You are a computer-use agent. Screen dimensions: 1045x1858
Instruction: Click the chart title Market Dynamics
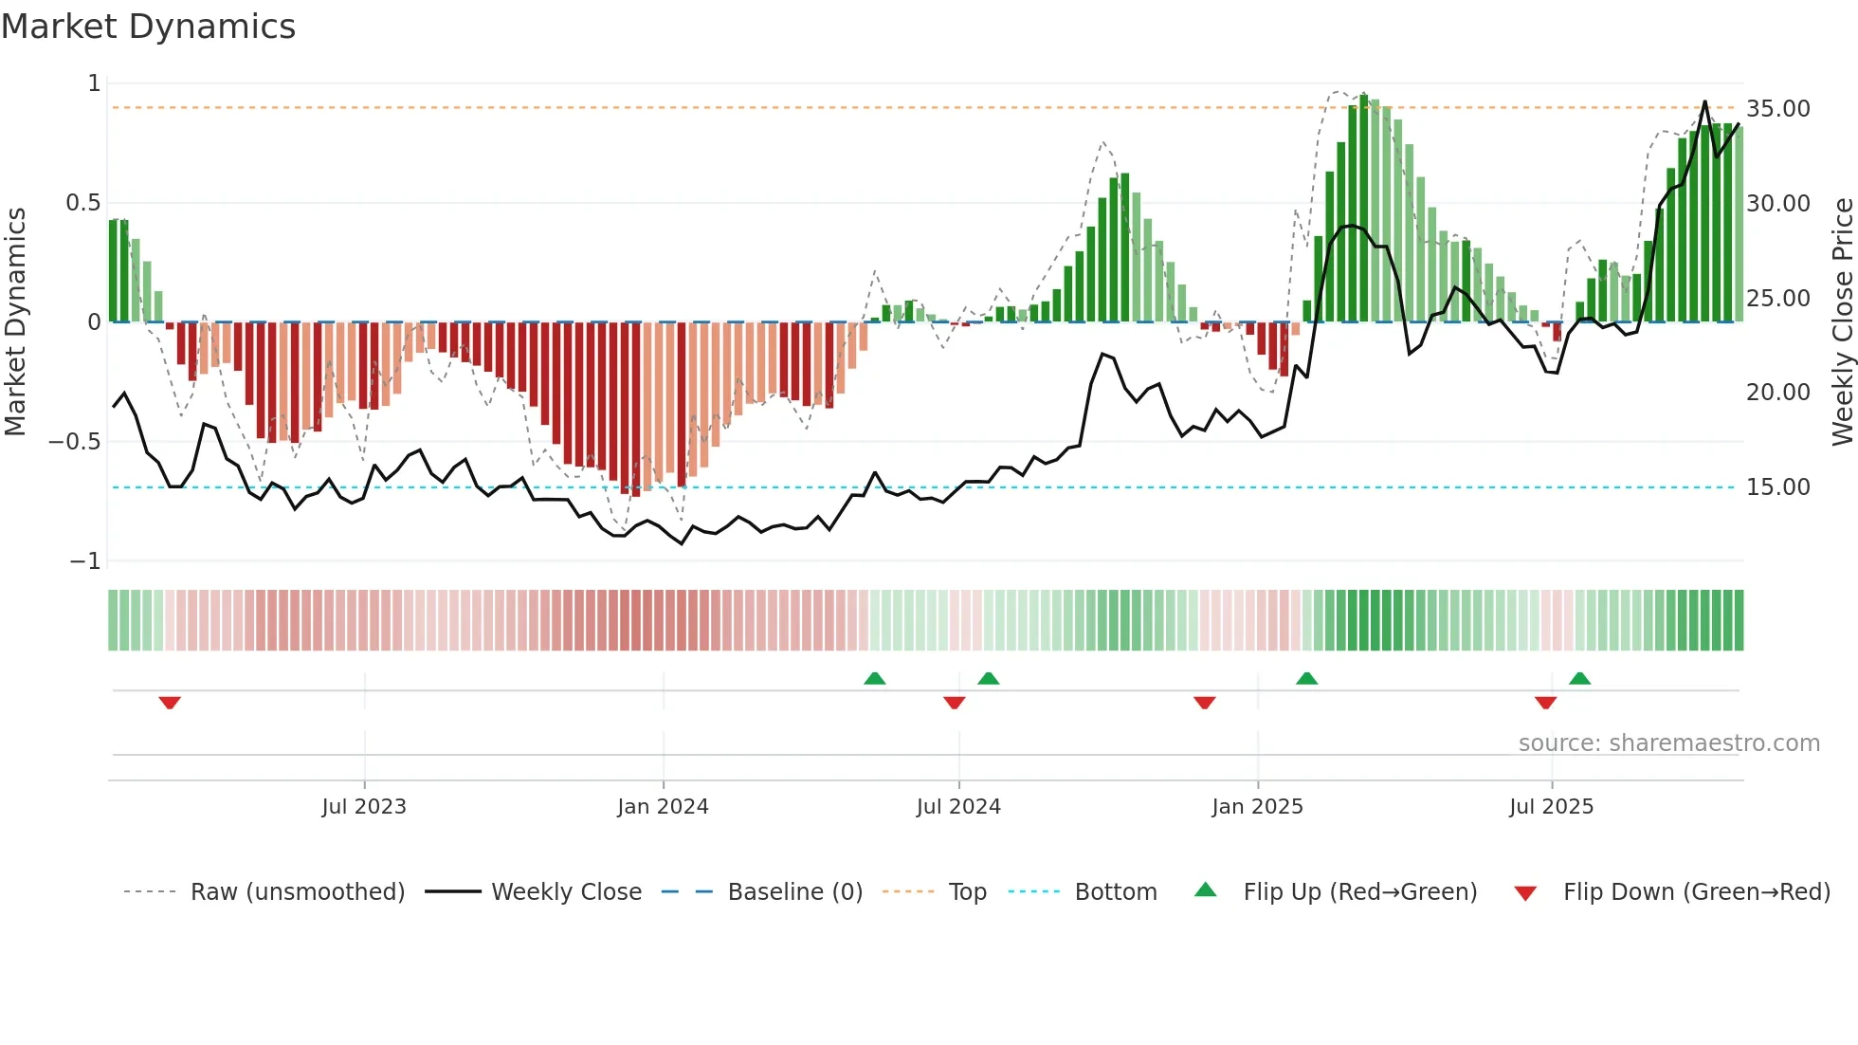[x=148, y=27]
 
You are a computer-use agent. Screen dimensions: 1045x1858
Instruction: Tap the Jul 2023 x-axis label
[x=364, y=807]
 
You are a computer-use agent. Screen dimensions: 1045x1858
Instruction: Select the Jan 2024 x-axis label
[x=663, y=807]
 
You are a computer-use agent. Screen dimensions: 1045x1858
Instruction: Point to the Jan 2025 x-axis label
[x=1257, y=807]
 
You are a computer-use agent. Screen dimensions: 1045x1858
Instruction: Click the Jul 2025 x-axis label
[x=1551, y=807]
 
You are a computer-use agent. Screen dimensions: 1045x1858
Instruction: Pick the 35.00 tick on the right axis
[x=1778, y=109]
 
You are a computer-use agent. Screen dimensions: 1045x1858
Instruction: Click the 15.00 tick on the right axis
[x=1778, y=487]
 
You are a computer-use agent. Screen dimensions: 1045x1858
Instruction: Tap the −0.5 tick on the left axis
[x=74, y=442]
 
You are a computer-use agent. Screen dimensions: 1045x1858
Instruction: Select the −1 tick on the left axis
[x=85, y=561]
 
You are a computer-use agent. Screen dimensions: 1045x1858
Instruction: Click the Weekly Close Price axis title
[x=1842, y=321]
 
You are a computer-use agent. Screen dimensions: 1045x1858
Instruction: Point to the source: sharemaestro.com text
[x=1668, y=743]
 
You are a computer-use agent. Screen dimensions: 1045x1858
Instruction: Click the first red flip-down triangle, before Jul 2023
[x=170, y=703]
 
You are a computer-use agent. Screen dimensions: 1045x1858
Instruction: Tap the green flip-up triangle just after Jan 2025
[x=1306, y=678]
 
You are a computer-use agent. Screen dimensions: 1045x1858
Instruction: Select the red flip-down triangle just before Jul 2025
[x=1545, y=703]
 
